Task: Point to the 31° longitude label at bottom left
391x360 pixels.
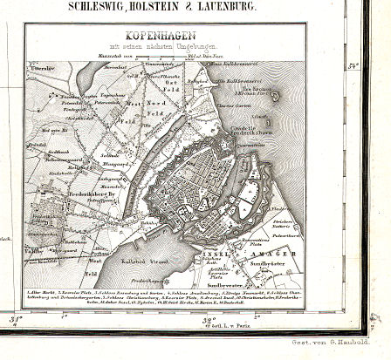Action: [x=14, y=321]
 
